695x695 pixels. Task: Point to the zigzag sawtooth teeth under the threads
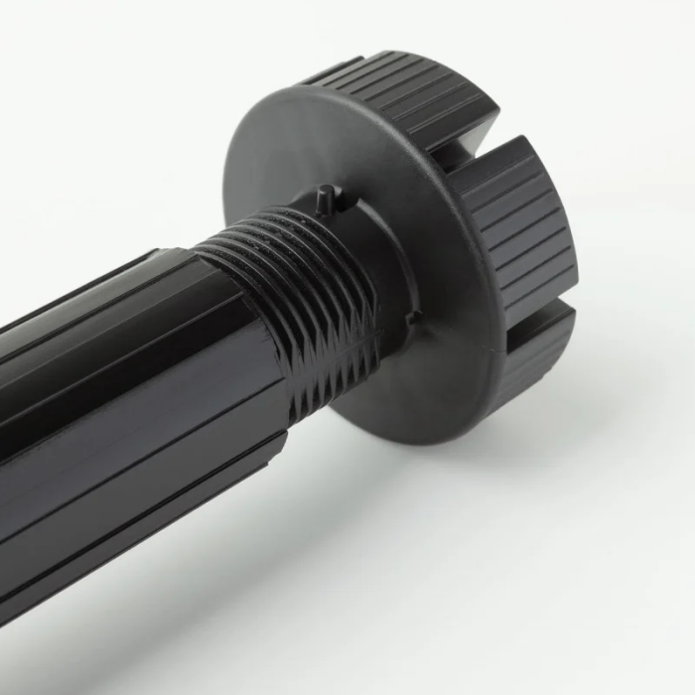[333, 367]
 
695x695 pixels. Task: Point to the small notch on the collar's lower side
[413, 318]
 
